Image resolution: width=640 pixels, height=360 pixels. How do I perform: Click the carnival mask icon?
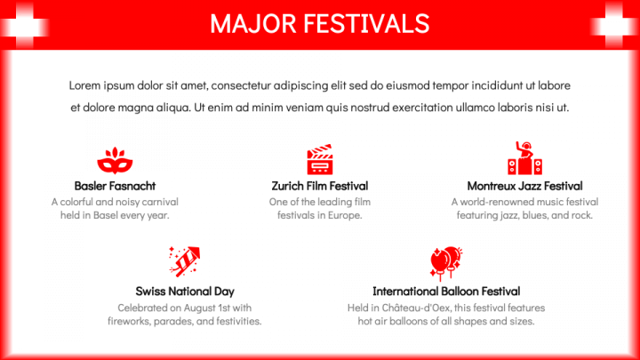coord(115,160)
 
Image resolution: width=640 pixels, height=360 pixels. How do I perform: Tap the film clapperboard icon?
coord(320,159)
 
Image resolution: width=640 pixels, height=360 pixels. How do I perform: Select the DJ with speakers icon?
coord(525,158)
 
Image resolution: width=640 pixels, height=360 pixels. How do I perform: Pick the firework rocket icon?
coord(185,261)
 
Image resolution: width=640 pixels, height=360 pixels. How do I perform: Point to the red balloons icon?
coord(446,263)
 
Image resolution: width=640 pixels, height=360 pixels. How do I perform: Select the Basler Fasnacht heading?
coord(115,186)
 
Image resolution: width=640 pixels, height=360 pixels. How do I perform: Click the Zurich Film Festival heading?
coord(320,186)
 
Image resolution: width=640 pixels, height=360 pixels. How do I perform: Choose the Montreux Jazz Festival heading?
coord(525,186)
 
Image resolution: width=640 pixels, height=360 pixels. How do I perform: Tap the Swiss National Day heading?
coord(185,292)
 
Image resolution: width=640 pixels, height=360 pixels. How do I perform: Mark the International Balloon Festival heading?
coord(446,292)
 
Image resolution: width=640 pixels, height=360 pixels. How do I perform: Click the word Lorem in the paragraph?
coord(84,85)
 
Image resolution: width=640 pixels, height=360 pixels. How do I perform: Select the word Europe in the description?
coord(347,215)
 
